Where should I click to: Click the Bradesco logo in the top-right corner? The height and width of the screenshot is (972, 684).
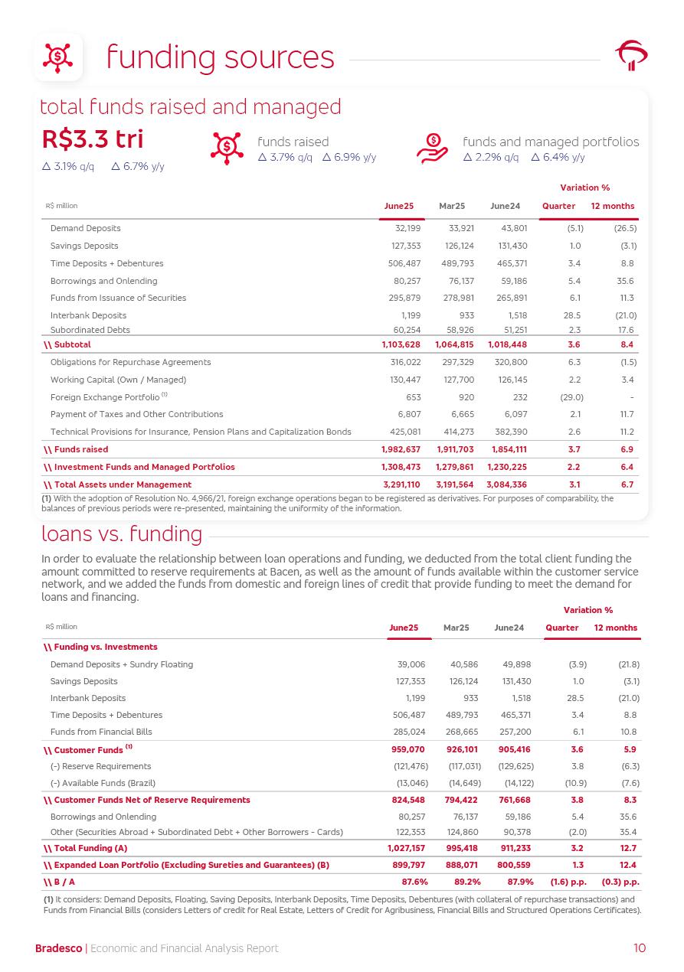point(631,56)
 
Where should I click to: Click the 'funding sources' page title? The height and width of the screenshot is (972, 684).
point(220,57)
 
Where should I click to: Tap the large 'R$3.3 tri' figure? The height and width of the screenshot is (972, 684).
point(93,141)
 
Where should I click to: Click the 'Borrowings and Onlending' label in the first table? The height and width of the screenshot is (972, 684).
point(103,281)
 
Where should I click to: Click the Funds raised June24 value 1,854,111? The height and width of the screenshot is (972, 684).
point(507,449)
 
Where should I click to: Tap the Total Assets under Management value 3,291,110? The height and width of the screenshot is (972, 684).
point(401,484)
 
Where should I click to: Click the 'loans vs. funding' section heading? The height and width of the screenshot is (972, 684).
point(121,533)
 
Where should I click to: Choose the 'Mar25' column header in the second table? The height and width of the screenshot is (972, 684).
point(456,628)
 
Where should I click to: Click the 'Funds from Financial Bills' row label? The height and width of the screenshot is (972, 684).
point(101,732)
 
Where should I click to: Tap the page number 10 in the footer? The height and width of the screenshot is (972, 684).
point(640,948)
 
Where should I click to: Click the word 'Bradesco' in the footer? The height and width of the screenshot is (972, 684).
point(58,949)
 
